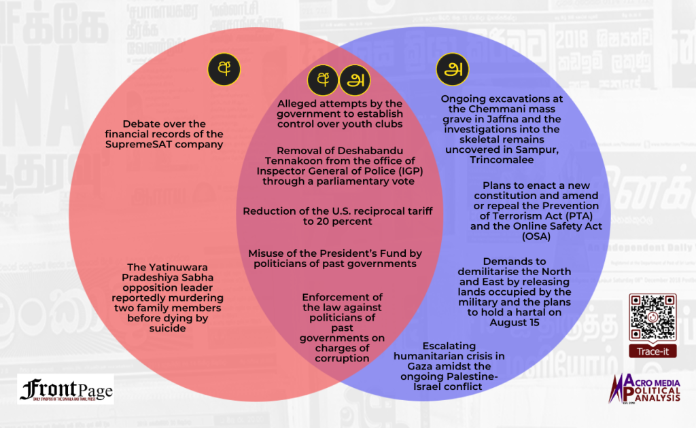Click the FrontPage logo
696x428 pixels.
(x=66, y=390)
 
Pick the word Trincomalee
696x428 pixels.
(x=502, y=160)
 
